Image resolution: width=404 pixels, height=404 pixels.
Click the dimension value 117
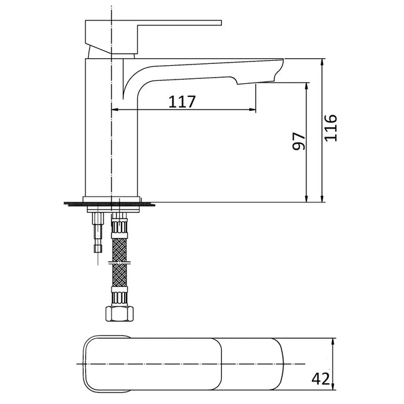[x=182, y=101]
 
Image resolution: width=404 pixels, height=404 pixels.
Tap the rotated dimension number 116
[x=331, y=128]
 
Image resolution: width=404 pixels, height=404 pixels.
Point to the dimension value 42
[x=321, y=378]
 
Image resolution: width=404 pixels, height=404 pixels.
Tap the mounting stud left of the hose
[x=97, y=232]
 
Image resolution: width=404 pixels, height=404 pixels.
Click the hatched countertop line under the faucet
[x=110, y=202]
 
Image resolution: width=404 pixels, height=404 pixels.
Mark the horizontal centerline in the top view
[x=188, y=363]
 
